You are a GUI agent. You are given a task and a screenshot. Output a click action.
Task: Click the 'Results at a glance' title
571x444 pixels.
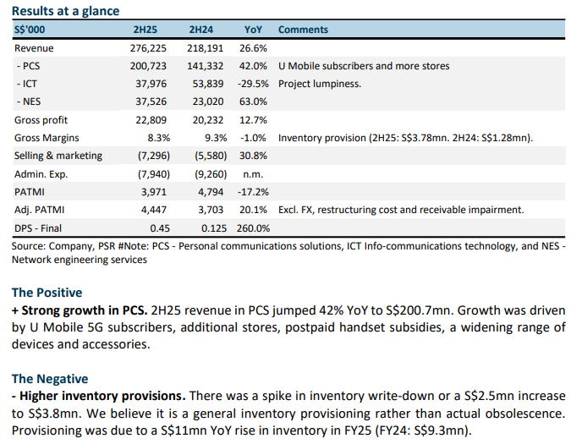(65, 11)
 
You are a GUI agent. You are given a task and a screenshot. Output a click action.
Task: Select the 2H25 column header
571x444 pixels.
(145, 30)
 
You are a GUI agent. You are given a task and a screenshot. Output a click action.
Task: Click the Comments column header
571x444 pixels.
(303, 30)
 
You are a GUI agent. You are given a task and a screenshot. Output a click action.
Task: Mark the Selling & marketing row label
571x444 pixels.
(58, 156)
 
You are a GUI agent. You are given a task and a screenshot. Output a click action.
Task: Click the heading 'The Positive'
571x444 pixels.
(47, 293)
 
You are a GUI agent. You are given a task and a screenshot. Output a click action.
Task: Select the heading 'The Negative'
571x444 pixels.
(50, 379)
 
